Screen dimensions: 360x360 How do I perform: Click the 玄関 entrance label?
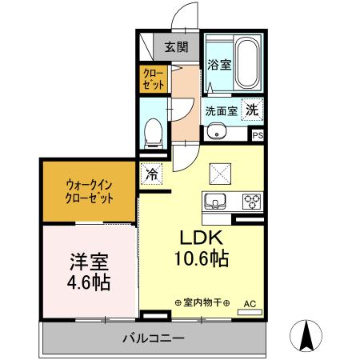[177, 47]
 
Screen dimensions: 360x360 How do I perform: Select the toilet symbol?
[154, 132]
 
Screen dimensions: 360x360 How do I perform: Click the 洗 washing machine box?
[252, 111]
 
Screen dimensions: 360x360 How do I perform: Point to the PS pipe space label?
[257, 136]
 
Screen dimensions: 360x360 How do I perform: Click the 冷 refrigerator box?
[150, 171]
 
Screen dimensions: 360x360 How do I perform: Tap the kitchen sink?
[214, 201]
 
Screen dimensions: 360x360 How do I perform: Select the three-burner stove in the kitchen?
[252, 201]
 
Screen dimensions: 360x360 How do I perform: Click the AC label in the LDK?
[250, 303]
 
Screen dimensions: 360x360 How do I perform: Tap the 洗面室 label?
[220, 112]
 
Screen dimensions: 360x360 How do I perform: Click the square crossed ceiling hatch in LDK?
[219, 171]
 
